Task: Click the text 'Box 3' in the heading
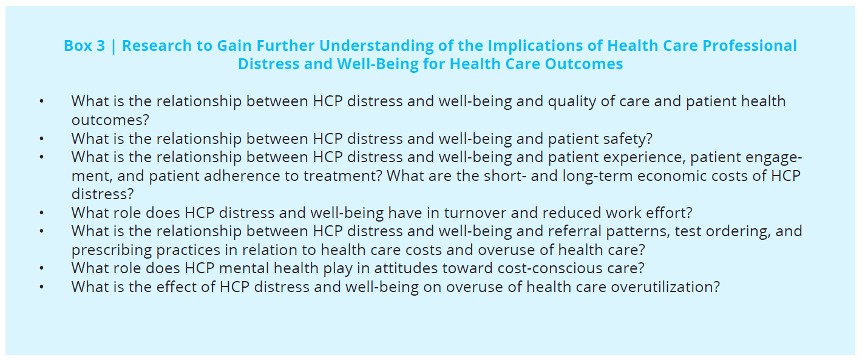point(84,46)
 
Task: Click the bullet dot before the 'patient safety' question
point(42,138)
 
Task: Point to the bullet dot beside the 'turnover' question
point(42,213)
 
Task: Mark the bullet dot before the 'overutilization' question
point(42,287)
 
